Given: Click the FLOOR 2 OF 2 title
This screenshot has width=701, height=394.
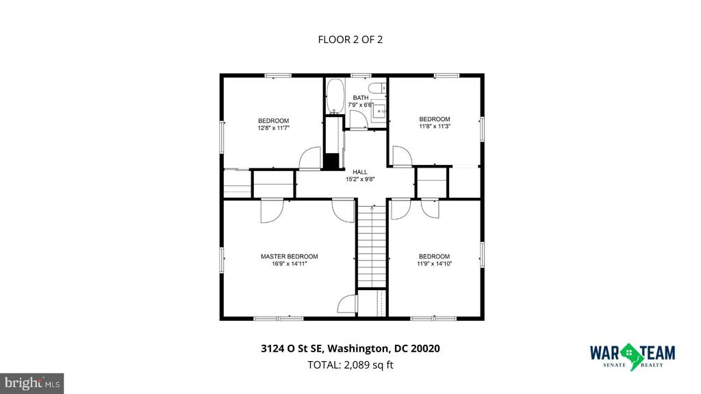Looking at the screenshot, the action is [x=350, y=39].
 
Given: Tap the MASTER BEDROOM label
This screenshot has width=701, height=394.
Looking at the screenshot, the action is [x=290, y=257].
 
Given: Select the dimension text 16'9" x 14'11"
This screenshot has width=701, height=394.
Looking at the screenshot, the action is [x=290, y=263].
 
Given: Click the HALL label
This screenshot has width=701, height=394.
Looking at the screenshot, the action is [x=360, y=172].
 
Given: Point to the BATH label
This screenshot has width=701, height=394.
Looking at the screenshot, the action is [x=361, y=98].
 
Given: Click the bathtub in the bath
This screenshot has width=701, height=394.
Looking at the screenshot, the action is [x=334, y=96].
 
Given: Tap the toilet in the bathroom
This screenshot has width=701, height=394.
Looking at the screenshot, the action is [x=377, y=88].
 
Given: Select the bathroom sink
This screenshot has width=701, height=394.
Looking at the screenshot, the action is [x=379, y=110].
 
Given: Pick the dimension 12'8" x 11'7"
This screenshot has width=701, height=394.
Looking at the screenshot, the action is [x=274, y=128].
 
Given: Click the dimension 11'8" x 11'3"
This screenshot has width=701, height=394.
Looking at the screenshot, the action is [x=435, y=126].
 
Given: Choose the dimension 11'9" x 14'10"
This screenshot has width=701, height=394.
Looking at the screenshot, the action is [x=435, y=263].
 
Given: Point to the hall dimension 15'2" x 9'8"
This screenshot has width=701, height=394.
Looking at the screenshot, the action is [x=360, y=179].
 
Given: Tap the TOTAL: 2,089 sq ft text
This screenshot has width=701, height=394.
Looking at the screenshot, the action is [x=350, y=365].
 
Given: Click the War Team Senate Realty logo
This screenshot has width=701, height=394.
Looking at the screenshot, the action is [x=633, y=356].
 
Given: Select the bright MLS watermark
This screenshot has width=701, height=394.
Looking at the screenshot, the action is [x=31, y=383].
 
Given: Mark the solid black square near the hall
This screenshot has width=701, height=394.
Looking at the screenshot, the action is [x=331, y=161].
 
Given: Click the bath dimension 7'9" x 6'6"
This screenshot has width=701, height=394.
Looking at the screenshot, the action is [x=361, y=105].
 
